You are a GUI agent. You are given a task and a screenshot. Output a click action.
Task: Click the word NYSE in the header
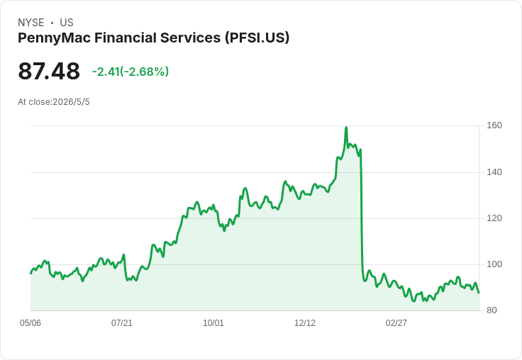pyautogui.click(x=31, y=23)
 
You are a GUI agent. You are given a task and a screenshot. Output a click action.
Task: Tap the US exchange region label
pyautogui.click(x=67, y=23)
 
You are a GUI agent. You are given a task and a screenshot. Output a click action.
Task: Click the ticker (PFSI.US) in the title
pyautogui.click(x=257, y=38)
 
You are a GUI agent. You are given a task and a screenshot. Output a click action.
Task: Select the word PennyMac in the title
pyautogui.click(x=55, y=38)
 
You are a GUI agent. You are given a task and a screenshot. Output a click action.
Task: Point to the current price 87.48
pyautogui.click(x=49, y=71)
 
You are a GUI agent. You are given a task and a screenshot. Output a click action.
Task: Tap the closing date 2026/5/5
pyautogui.click(x=71, y=102)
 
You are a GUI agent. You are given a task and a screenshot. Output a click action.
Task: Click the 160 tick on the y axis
pyautogui.click(x=494, y=125)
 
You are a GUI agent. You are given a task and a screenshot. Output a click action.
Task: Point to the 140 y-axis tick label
pyautogui.click(x=494, y=172)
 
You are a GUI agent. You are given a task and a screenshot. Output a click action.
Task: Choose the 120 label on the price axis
pyautogui.click(x=494, y=218)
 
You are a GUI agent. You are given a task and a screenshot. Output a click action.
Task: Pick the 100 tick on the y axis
pyautogui.click(x=494, y=264)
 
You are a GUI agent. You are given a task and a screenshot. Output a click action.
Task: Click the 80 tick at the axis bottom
pyautogui.click(x=492, y=310)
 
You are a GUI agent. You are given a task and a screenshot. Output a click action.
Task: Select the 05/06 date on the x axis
pyautogui.click(x=30, y=323)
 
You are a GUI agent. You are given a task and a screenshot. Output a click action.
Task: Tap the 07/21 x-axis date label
pyautogui.click(x=122, y=323)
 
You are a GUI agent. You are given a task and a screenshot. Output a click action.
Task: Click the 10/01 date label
pyautogui.click(x=213, y=323)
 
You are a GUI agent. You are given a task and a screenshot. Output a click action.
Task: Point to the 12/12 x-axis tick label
pyautogui.click(x=305, y=323)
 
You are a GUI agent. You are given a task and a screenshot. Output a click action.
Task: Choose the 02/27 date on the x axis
pyautogui.click(x=396, y=323)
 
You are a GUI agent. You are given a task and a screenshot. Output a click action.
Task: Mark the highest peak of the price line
pyautogui.click(x=346, y=127)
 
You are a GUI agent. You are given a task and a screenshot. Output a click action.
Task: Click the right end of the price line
pyautogui.click(x=479, y=293)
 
